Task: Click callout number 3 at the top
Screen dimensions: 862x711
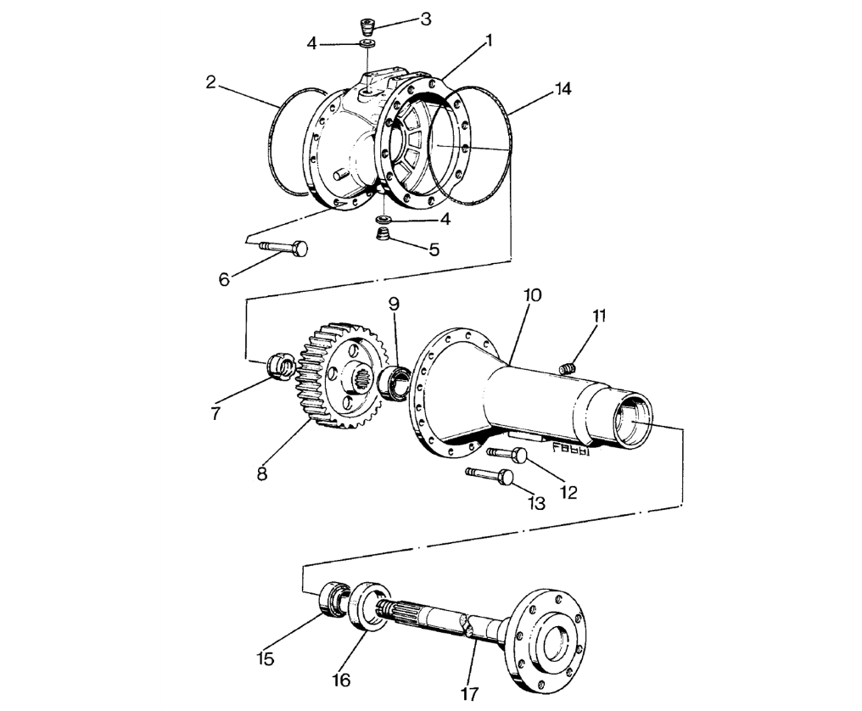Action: click(426, 20)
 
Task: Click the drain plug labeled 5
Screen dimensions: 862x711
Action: click(382, 235)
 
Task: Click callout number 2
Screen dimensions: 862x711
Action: click(210, 82)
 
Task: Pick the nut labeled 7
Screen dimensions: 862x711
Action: click(280, 367)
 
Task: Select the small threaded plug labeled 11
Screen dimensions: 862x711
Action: click(568, 368)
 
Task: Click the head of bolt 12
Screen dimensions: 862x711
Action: click(520, 455)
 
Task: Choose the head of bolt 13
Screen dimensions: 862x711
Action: click(507, 478)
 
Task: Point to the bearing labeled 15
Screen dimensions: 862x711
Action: click(334, 598)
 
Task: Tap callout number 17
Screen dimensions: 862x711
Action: click(469, 694)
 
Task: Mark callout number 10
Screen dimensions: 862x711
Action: click(532, 294)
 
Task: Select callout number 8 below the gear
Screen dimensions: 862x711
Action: click(261, 473)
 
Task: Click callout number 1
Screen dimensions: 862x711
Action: click(488, 41)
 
